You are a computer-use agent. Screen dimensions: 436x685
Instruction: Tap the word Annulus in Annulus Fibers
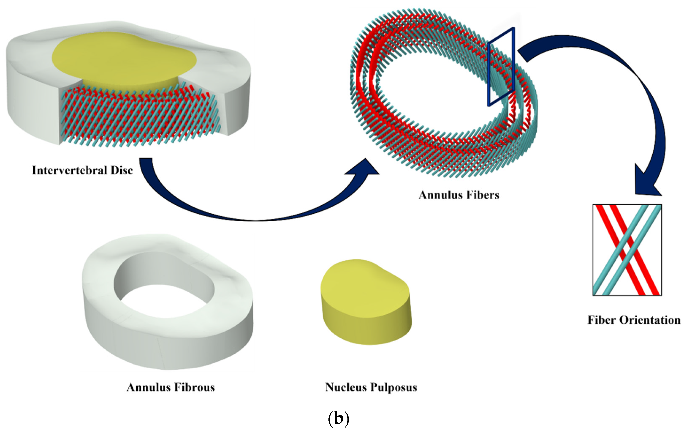click(x=437, y=195)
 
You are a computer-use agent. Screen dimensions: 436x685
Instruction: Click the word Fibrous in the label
click(x=194, y=387)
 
